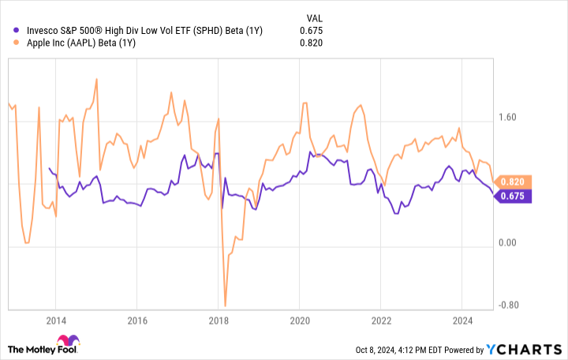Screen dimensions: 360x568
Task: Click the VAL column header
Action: coord(313,17)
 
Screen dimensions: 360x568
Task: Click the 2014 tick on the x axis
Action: coord(56,321)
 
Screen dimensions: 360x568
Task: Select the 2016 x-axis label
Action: coord(137,321)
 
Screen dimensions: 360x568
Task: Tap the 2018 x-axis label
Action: coord(219,321)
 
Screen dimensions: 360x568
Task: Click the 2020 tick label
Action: coord(299,321)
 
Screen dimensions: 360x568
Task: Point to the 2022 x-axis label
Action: coord(380,321)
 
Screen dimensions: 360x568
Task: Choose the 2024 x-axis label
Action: coord(461,321)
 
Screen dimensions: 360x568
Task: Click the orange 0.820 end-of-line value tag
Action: coord(514,181)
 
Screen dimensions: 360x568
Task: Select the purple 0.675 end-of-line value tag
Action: coord(514,196)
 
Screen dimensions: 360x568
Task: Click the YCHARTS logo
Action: coord(532,349)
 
